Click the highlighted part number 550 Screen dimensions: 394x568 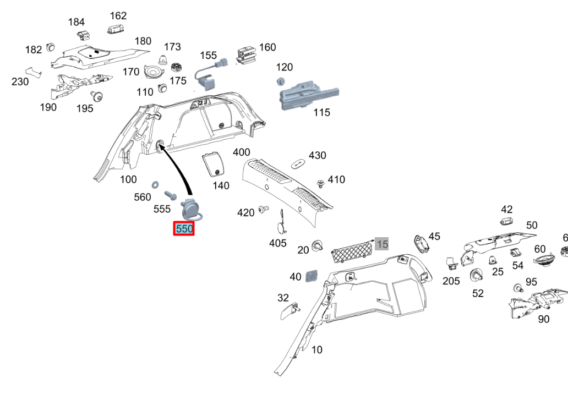(x=184, y=229)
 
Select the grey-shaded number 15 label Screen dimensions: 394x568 (x=382, y=244)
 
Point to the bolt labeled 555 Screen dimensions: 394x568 (x=170, y=195)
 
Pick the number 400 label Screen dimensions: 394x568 (x=241, y=152)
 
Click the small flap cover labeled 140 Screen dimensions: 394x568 (x=212, y=165)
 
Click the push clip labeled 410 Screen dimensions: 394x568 (x=320, y=182)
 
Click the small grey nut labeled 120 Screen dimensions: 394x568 (x=280, y=81)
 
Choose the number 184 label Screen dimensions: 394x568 (x=77, y=22)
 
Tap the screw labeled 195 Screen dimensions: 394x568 (x=99, y=97)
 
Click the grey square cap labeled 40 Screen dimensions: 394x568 (x=312, y=275)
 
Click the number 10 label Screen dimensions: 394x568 (x=317, y=350)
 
